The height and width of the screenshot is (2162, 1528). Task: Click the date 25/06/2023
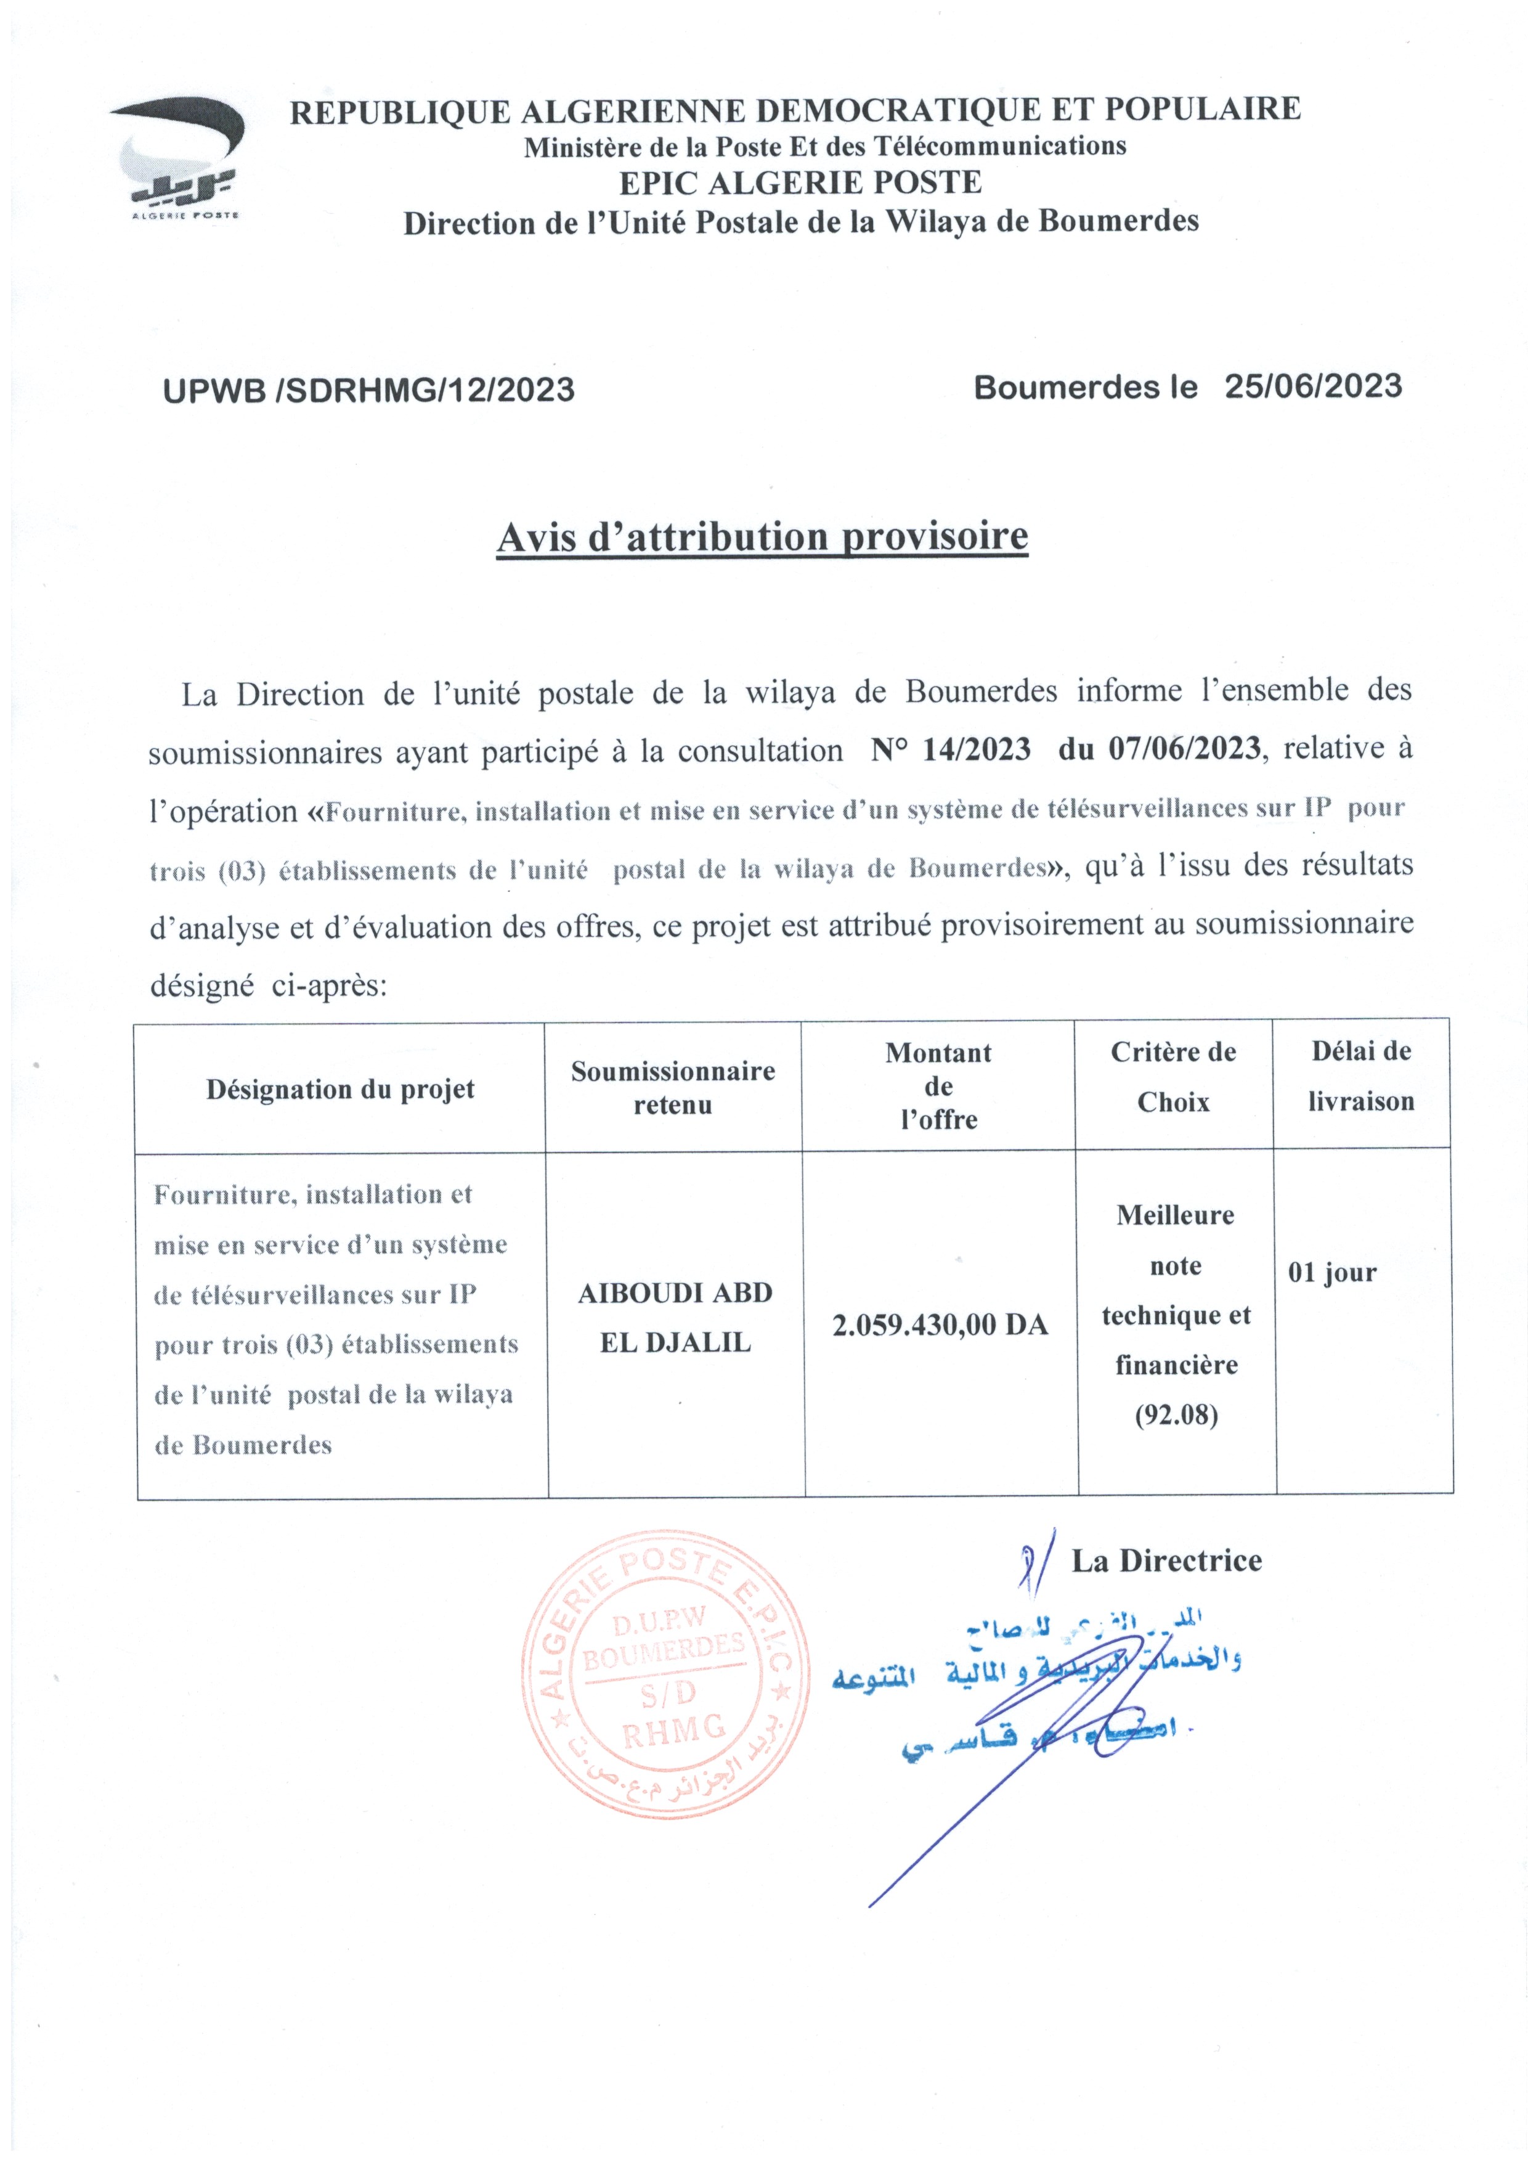pos(1312,386)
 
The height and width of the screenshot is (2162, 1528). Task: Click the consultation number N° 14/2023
pos(950,749)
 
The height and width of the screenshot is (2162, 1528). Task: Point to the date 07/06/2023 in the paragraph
pos(1184,749)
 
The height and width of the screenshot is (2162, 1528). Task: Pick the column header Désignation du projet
pos(340,1090)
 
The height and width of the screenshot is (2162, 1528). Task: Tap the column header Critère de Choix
pos(1173,1076)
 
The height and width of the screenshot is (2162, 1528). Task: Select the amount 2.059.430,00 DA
pos(940,1325)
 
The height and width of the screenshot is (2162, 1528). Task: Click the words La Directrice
pos(1166,1561)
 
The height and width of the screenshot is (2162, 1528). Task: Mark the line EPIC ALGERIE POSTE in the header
pos(800,182)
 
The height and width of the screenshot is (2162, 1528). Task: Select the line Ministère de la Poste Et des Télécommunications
pos(825,146)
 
